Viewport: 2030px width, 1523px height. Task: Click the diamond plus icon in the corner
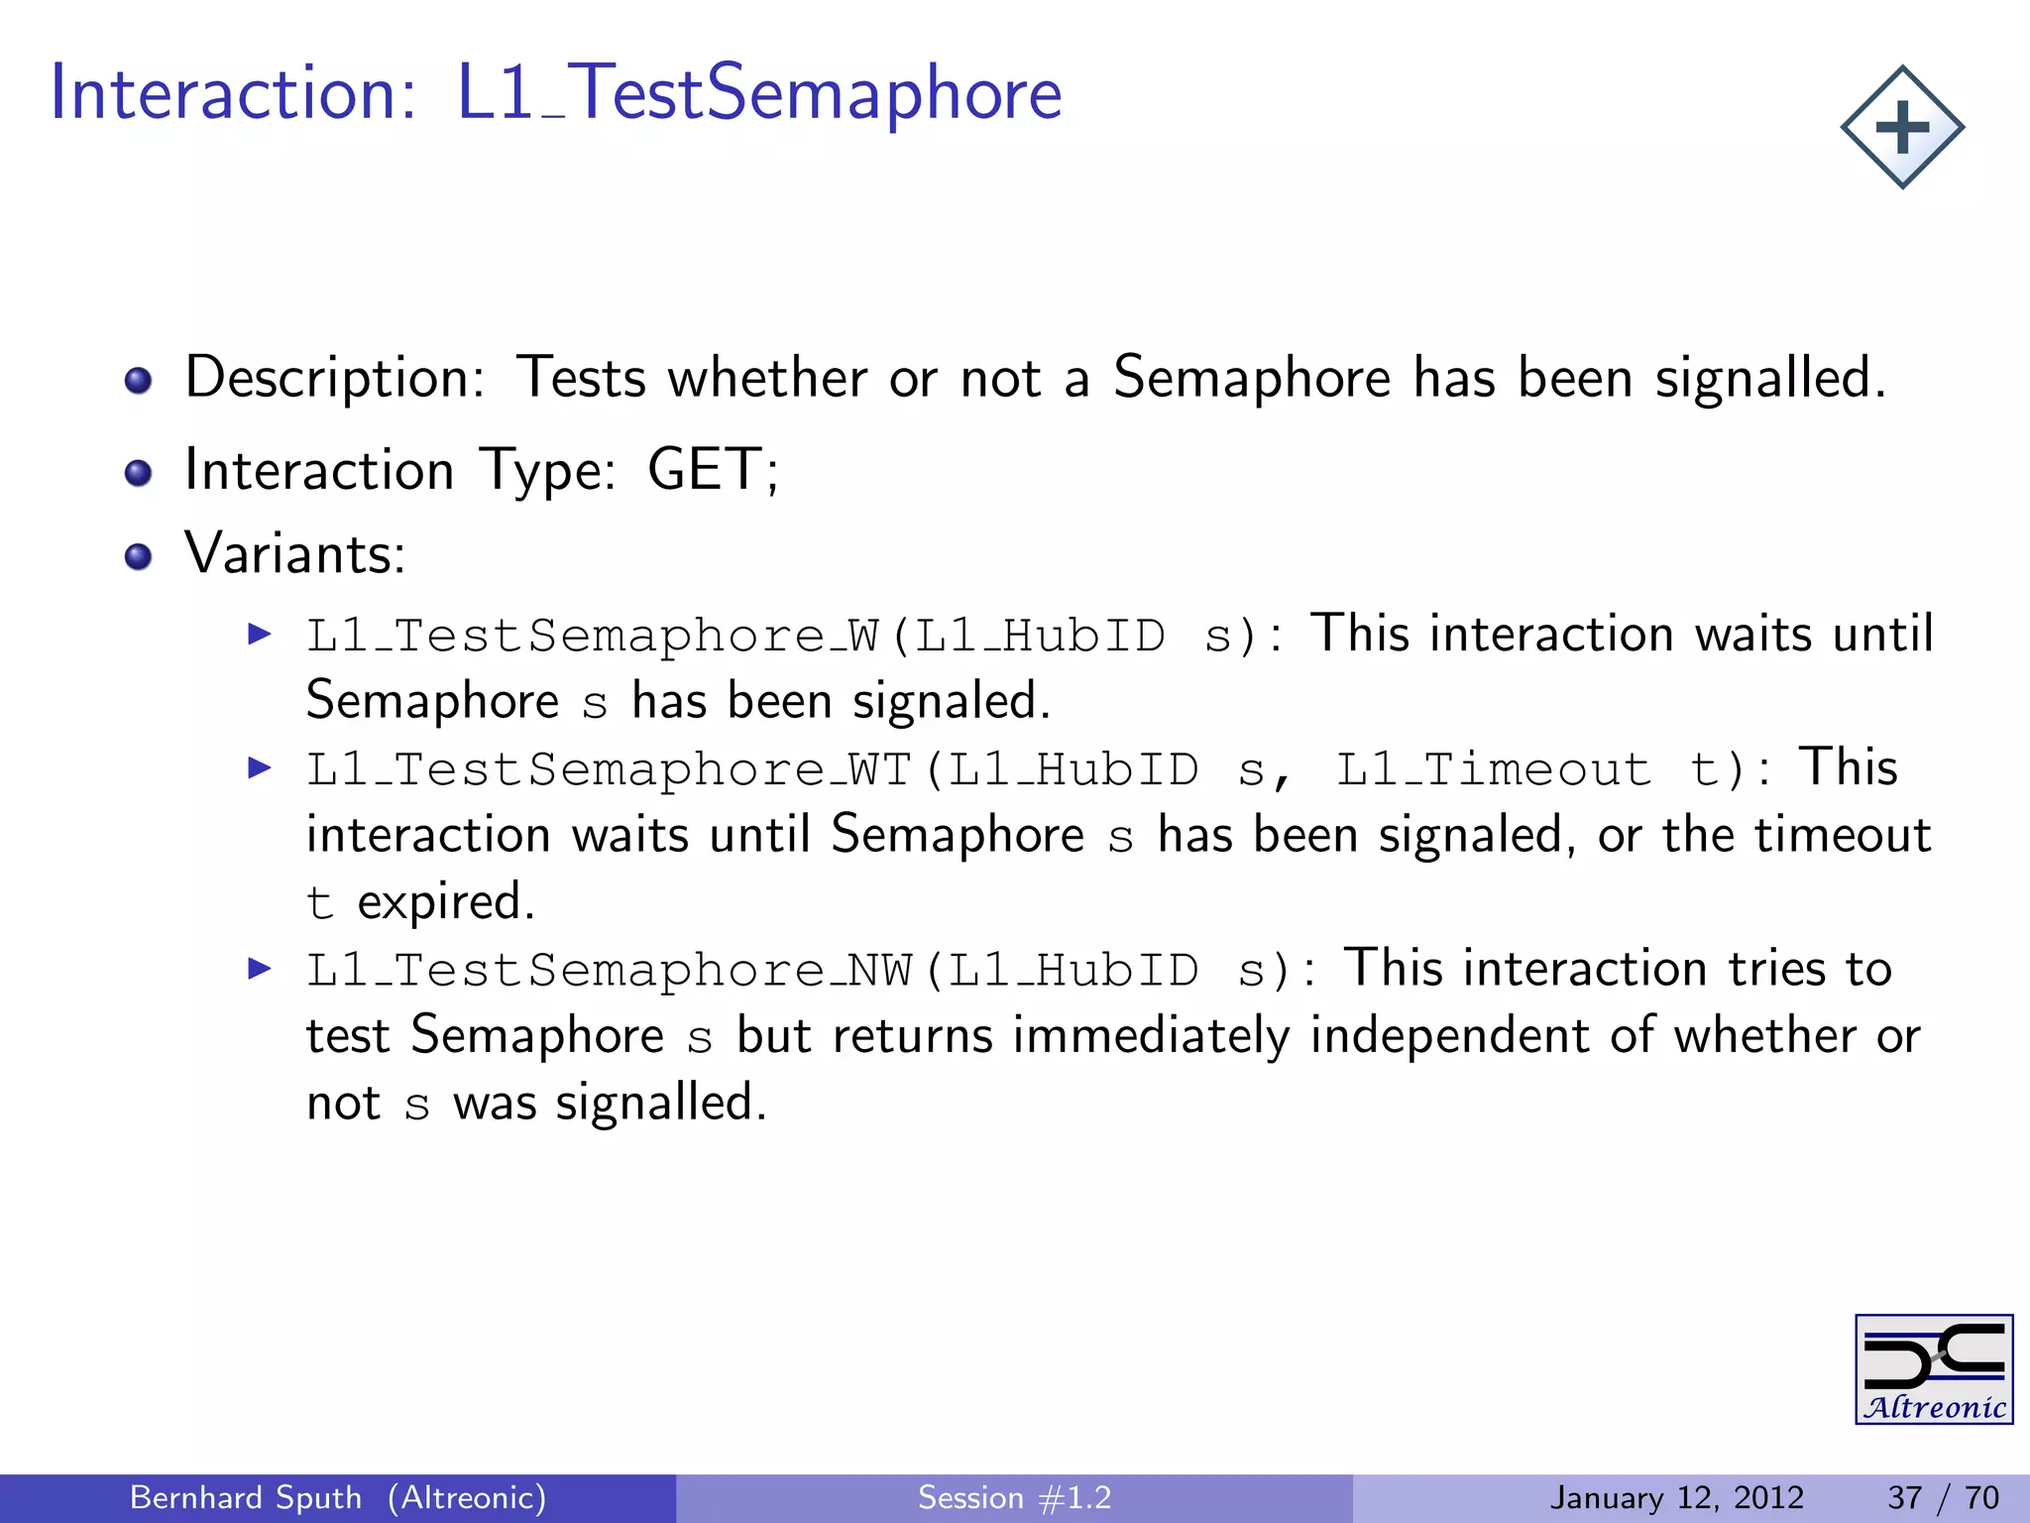pos(1902,128)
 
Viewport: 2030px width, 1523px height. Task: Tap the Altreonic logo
pos(1934,1369)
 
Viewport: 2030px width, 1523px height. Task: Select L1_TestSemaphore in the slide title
pos(758,93)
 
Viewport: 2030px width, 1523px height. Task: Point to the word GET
pos(705,469)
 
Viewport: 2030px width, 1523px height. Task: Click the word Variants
pos(294,553)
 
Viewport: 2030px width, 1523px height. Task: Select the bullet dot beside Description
pos(139,381)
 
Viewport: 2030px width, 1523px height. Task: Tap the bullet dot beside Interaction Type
pos(139,473)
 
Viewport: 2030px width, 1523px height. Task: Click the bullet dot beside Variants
pos(139,556)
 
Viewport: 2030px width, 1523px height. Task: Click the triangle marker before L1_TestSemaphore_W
pos(260,634)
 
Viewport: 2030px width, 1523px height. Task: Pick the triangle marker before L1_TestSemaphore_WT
pos(260,766)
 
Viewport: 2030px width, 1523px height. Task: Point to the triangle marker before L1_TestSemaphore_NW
pos(260,968)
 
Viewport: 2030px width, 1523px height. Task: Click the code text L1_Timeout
pos(1493,769)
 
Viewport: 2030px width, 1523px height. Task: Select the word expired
pos(445,902)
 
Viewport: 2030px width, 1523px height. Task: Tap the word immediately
pos(1151,1036)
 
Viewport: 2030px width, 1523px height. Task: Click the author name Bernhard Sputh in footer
pos(246,1497)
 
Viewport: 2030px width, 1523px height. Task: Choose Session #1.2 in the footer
pos(1014,1497)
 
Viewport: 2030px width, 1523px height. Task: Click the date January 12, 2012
pos(1676,1497)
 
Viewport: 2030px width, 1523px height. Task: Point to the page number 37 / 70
pos(1943,1497)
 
